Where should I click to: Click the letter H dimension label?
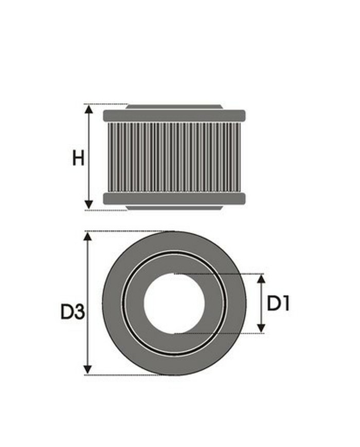click(78, 158)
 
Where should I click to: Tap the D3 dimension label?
click(72, 312)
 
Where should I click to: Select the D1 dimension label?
click(278, 304)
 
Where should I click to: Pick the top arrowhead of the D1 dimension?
click(261, 279)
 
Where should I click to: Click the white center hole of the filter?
click(174, 303)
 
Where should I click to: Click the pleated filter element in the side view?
click(174, 157)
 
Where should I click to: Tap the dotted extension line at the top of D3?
click(123, 231)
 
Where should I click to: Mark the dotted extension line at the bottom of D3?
click(123, 375)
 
